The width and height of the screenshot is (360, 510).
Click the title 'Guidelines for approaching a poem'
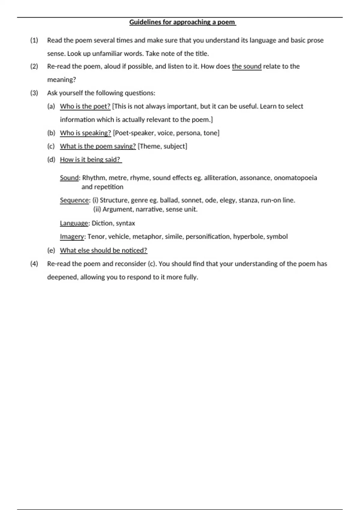(182, 22)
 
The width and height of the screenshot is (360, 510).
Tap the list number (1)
(34, 40)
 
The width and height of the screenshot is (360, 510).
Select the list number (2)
(34, 66)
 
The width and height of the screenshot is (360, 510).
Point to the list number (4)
(34, 264)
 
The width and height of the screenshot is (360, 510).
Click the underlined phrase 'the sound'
(247, 66)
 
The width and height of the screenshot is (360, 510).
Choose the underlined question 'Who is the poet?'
(85, 106)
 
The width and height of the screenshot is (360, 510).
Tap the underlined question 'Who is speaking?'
(85, 133)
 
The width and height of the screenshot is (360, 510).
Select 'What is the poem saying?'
(98, 146)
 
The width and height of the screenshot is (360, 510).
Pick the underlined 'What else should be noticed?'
(103, 250)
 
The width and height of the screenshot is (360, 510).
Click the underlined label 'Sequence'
(74, 200)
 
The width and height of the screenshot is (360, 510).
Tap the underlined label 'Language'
(74, 223)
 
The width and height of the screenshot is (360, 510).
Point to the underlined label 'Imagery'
(72, 236)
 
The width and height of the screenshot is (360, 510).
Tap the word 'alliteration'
(220, 178)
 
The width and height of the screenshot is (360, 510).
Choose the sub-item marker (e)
(51, 250)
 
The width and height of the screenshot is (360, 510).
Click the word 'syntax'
(125, 223)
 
